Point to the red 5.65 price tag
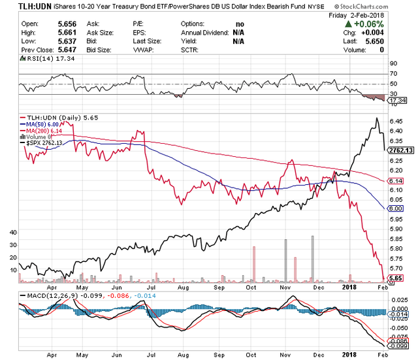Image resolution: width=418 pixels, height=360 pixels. click(394, 278)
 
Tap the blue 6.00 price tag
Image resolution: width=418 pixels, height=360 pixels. click(394, 208)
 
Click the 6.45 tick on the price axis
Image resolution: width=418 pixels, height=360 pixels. click(395, 121)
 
